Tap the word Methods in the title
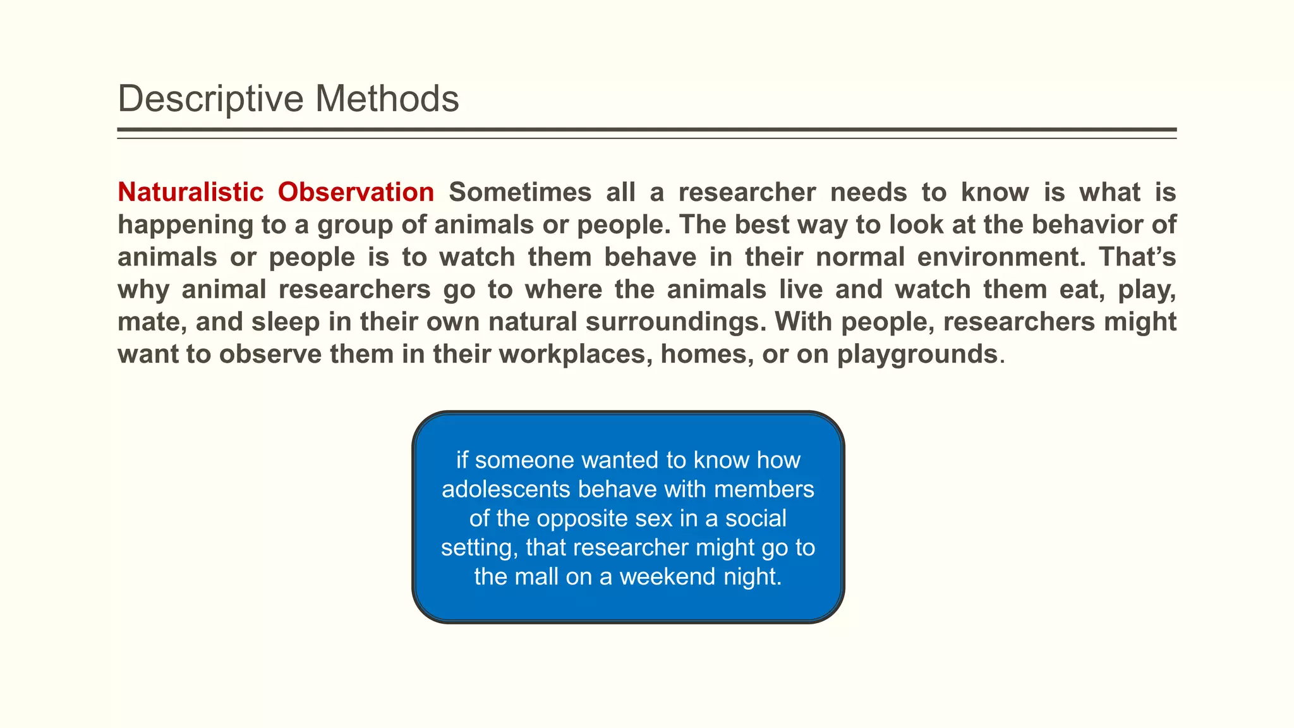click(387, 99)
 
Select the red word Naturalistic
click(190, 192)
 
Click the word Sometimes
click(519, 192)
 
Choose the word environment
click(1000, 257)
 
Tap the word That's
click(1137, 257)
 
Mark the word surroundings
click(672, 322)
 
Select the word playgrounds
click(917, 354)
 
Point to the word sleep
click(286, 322)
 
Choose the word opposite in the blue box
click(583, 518)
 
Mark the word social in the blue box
click(756, 518)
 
